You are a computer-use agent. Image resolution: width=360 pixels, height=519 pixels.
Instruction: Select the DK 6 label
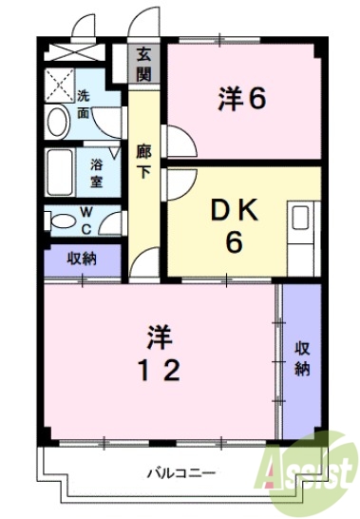[x=233, y=225]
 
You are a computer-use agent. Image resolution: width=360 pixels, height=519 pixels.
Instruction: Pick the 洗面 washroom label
[x=84, y=102]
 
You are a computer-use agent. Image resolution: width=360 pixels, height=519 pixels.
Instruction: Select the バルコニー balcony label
[x=180, y=471]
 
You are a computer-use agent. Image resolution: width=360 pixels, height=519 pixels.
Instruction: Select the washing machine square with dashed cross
[x=59, y=85]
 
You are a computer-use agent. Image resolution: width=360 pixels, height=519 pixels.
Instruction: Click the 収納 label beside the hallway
[x=82, y=258]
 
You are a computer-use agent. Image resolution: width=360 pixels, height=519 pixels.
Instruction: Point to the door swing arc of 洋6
[x=183, y=143]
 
